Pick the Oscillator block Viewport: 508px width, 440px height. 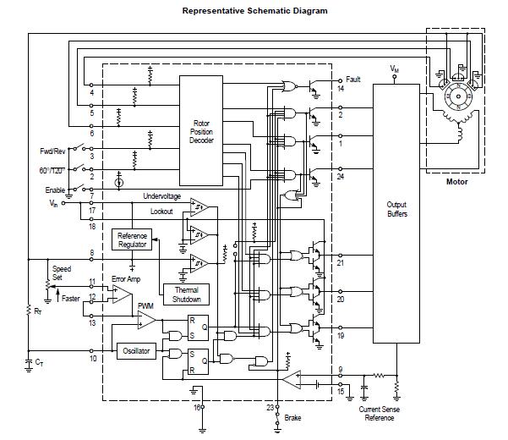coord(135,349)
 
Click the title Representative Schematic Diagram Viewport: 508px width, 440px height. coord(254,11)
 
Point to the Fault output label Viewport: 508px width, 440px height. coord(353,80)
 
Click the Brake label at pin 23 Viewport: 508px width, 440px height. coord(293,418)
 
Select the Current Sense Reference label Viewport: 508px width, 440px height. coord(380,414)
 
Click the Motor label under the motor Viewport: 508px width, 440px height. coord(456,180)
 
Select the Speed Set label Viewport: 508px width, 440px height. coord(63,273)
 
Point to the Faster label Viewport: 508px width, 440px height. coord(70,299)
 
